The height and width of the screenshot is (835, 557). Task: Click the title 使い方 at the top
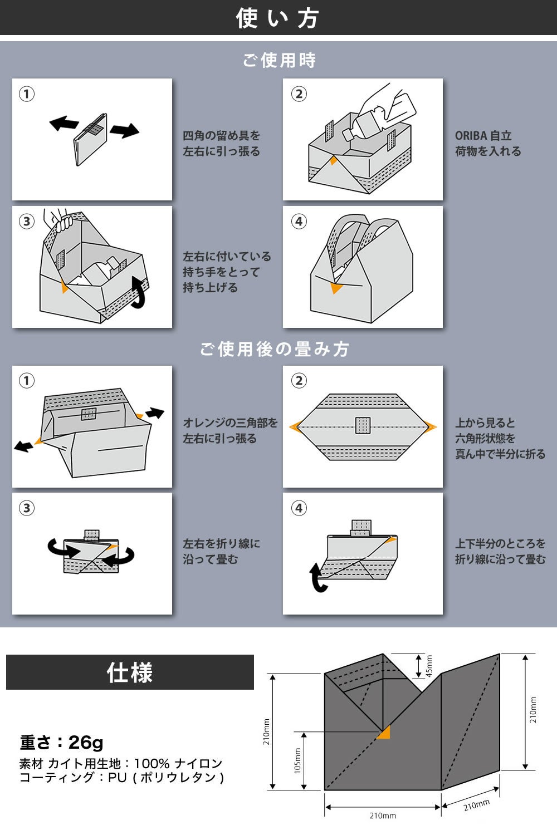click(x=277, y=18)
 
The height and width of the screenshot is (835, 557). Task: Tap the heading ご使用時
click(x=279, y=60)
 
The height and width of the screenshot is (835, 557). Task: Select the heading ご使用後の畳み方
click(x=275, y=349)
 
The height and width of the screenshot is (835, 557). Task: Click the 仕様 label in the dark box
click(x=130, y=672)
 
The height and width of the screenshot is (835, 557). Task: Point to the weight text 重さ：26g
click(x=62, y=742)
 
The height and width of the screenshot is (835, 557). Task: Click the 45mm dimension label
click(x=429, y=666)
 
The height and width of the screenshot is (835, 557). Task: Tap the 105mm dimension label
click(x=297, y=760)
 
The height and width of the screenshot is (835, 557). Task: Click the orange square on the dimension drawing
click(x=383, y=734)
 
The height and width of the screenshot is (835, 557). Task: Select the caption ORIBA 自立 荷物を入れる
click(x=488, y=143)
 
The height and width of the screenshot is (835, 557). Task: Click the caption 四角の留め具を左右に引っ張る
click(x=221, y=143)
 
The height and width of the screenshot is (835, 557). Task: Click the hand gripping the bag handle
click(x=60, y=219)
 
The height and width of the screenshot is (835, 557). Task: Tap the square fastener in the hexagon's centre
click(x=363, y=425)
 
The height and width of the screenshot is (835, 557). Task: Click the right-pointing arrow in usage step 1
click(x=124, y=131)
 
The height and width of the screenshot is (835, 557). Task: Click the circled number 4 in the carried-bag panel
click(x=299, y=222)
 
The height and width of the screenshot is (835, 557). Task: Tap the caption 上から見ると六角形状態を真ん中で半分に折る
click(x=500, y=438)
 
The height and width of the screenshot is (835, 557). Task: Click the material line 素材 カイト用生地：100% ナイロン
click(x=121, y=763)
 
